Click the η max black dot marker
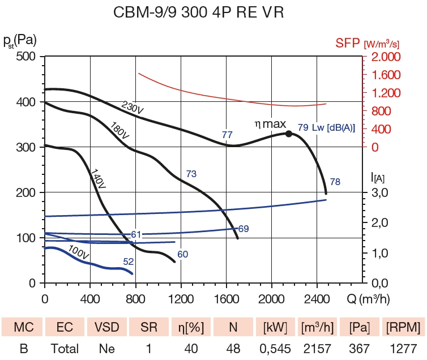tap(288, 134)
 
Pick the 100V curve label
tap(78, 253)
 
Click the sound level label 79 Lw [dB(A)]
tap(326, 128)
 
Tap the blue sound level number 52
tap(129, 262)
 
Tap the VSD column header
tap(106, 327)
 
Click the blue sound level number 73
tap(191, 174)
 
